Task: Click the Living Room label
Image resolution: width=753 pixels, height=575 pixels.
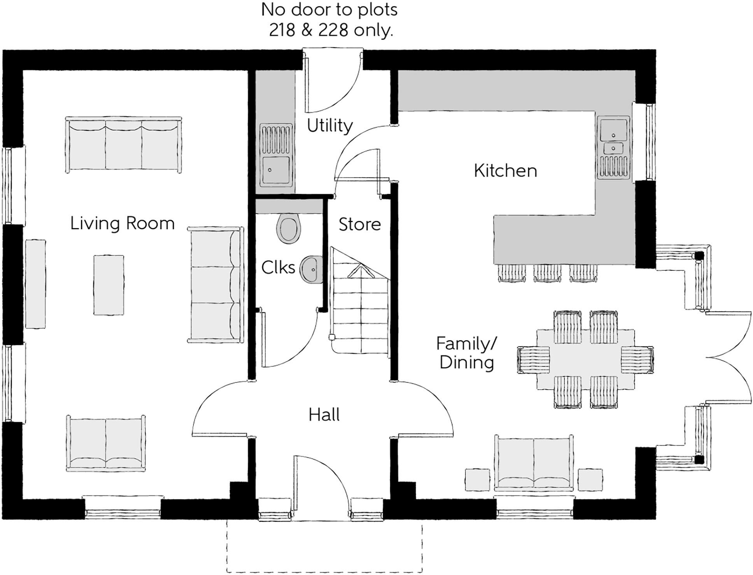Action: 122,224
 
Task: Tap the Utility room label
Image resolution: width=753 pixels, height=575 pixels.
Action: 329,125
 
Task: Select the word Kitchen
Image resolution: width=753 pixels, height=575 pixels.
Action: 505,171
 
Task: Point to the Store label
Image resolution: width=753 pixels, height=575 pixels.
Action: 359,225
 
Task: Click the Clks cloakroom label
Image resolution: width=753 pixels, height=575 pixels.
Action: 278,268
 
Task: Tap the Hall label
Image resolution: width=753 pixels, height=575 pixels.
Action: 324,415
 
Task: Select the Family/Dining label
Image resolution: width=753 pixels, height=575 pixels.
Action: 466,353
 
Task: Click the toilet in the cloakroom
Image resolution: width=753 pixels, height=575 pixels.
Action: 289,228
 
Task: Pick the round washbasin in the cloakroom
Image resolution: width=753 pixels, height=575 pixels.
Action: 311,269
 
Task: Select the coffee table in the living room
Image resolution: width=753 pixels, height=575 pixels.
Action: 109,285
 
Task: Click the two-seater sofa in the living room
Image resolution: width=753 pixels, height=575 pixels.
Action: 106,443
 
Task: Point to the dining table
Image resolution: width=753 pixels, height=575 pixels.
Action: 585,359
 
